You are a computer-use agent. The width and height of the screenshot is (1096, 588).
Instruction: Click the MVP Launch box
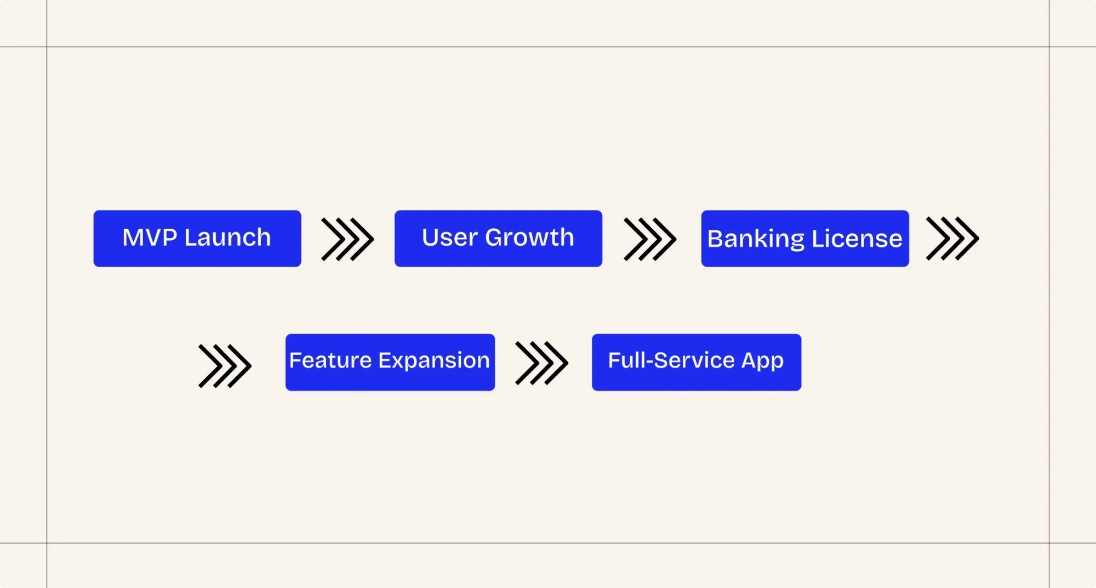coord(197,239)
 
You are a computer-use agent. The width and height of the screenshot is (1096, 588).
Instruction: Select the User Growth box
coord(498,239)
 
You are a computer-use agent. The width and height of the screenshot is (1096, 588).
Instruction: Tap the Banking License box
coord(804,239)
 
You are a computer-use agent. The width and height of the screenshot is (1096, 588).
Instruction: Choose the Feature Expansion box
coord(390,362)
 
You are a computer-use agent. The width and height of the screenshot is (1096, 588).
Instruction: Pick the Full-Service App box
coord(696,362)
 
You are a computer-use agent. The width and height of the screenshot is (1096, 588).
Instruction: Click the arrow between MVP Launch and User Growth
coord(347,239)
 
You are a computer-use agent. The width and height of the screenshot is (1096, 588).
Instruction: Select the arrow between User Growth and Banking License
coord(650,239)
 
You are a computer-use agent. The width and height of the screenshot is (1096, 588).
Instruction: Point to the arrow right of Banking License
coord(952,239)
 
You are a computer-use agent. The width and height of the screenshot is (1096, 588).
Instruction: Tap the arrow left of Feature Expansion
coord(225,366)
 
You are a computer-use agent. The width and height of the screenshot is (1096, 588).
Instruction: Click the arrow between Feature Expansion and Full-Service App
coord(541,363)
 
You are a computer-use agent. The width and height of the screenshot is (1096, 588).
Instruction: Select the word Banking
coord(756,239)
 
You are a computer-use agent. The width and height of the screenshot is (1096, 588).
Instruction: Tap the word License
coord(857,239)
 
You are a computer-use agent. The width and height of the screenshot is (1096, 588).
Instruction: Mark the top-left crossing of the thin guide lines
coord(47,47)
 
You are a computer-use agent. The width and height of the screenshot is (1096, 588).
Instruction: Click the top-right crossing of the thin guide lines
coord(1049,47)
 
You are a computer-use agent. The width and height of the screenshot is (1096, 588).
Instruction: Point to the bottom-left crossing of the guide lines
coord(47,543)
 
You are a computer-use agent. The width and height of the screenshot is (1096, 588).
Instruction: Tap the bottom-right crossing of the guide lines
coord(1049,543)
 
